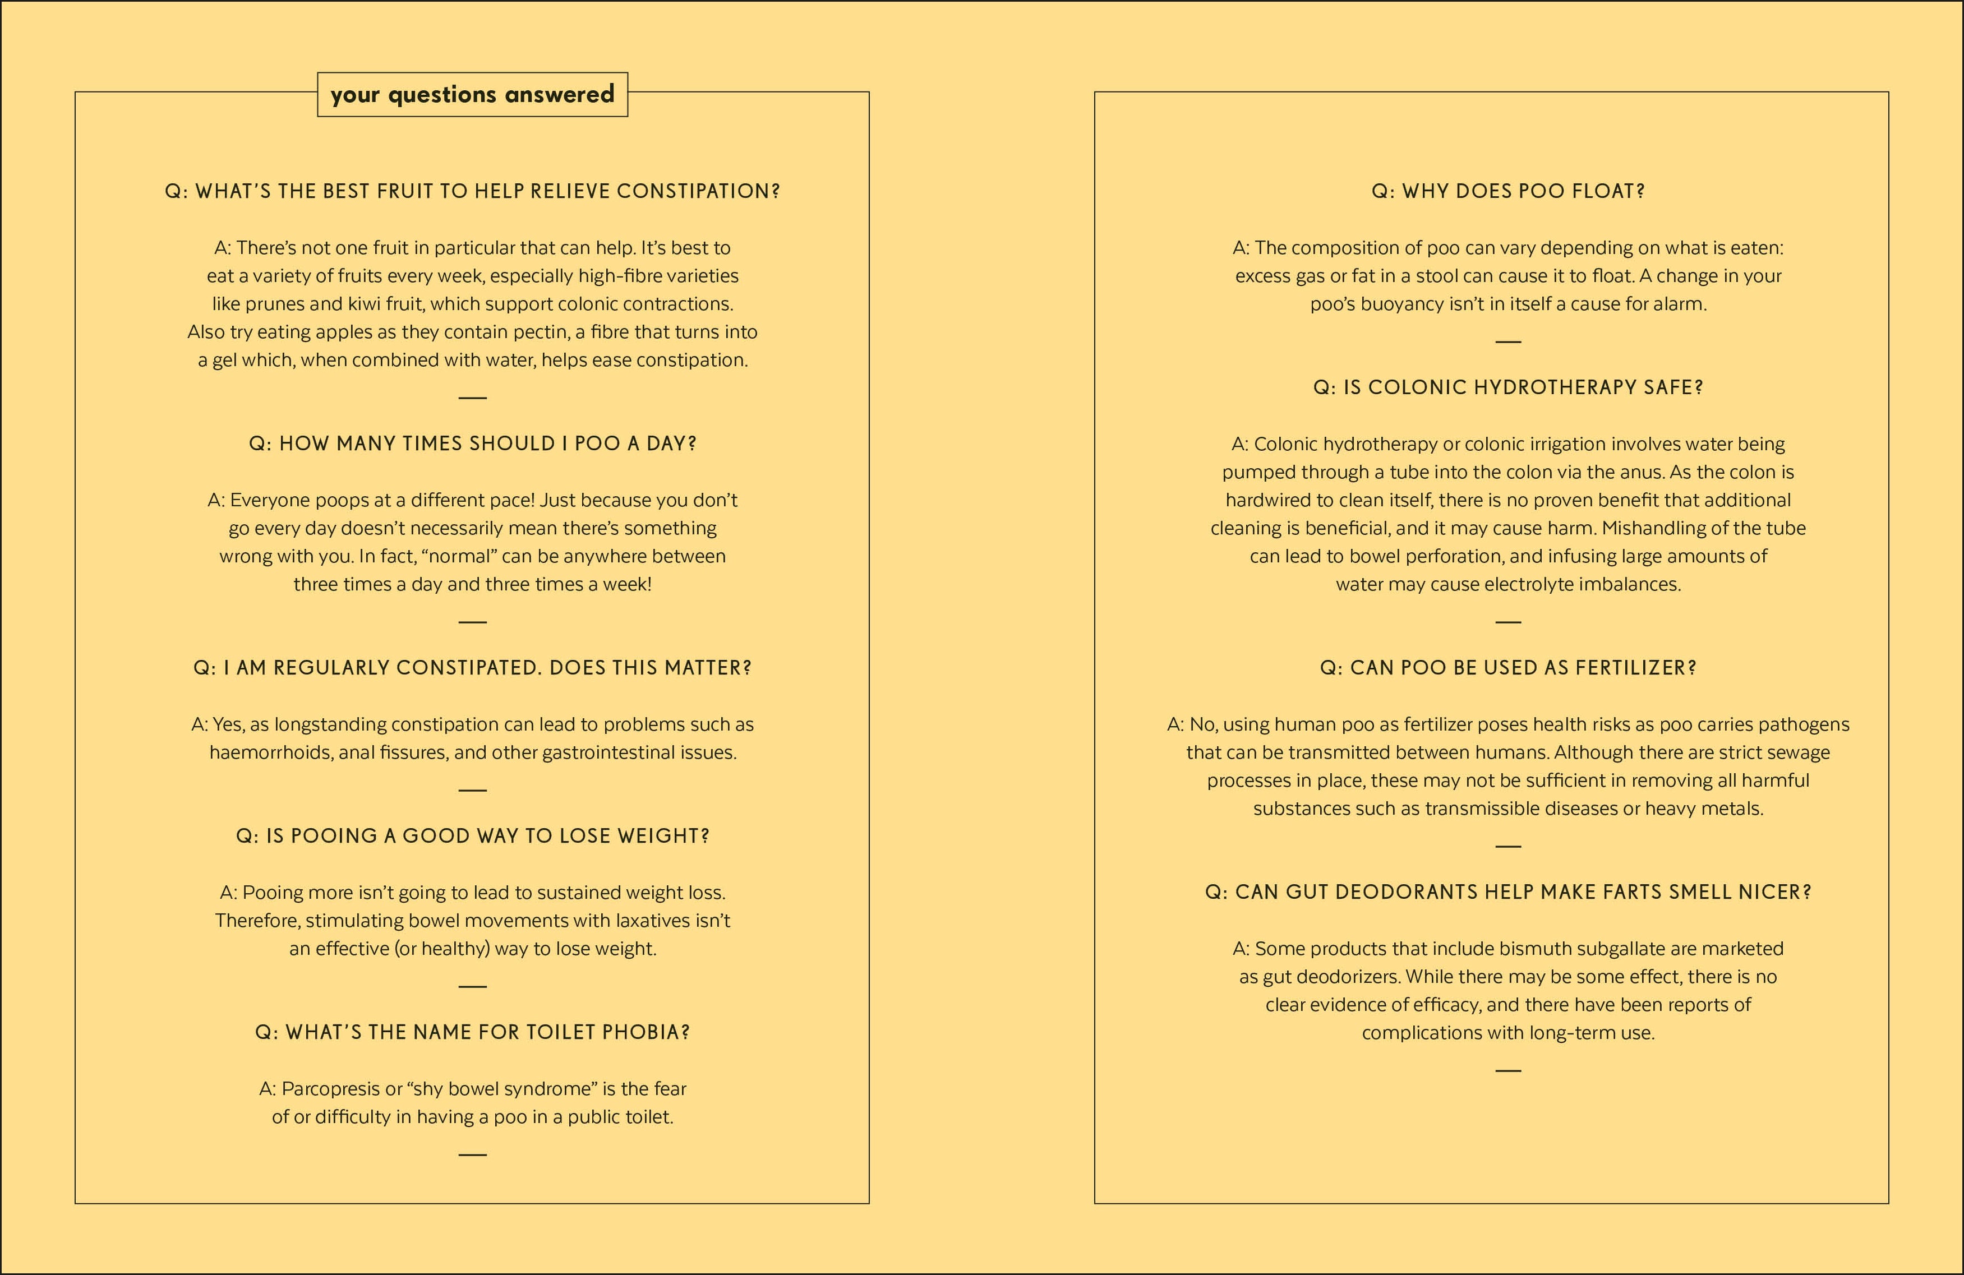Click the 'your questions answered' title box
(x=472, y=94)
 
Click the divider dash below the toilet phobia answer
(x=472, y=1154)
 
